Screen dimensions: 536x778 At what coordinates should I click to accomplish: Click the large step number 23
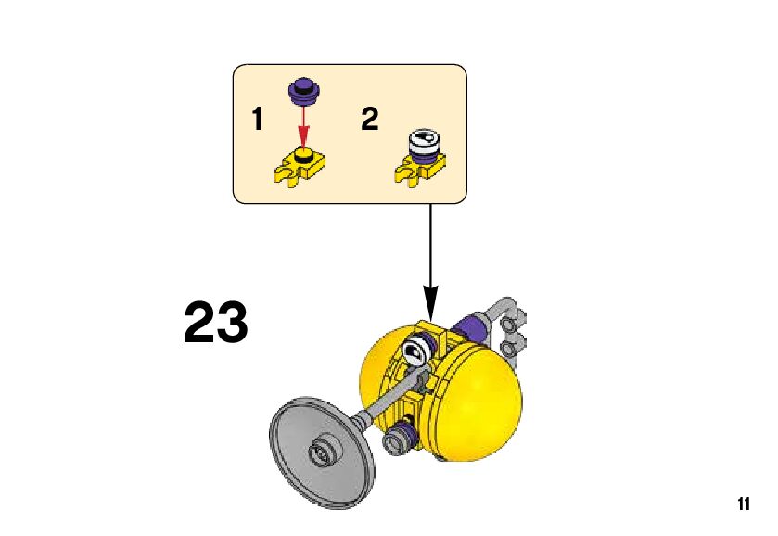[216, 323]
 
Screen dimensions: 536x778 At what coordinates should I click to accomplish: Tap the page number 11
[743, 504]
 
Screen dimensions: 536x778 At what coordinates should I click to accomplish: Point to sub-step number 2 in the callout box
[369, 120]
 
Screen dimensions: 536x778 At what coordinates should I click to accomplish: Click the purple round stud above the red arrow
[302, 89]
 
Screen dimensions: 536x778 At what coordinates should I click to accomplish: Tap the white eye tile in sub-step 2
[424, 141]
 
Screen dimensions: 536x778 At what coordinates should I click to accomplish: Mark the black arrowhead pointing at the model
[430, 301]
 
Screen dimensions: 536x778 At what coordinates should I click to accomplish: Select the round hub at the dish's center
[325, 452]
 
